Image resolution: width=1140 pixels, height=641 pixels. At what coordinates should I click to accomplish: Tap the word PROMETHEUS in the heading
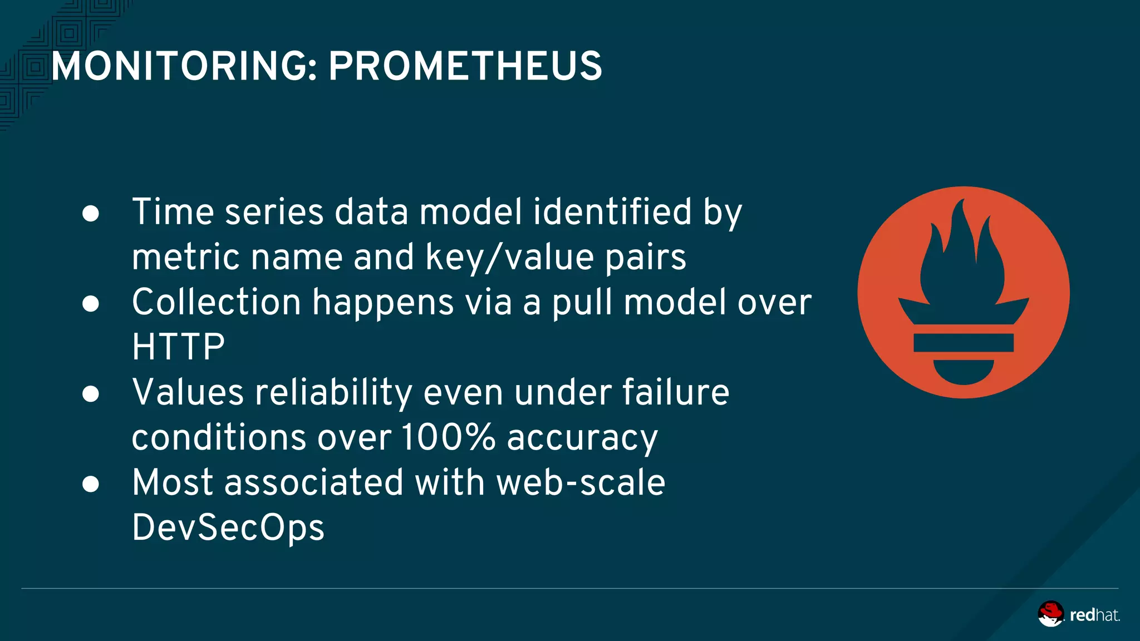pos(465,66)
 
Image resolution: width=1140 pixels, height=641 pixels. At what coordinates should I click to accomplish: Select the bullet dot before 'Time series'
pos(91,214)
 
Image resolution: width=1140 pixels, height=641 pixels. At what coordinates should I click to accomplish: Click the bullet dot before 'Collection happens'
pos(91,304)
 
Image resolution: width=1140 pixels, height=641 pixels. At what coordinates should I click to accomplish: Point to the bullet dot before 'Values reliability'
pos(91,394)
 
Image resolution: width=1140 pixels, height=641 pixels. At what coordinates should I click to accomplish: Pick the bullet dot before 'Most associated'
pos(91,484)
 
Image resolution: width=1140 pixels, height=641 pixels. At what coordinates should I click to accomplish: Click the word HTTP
pos(178,347)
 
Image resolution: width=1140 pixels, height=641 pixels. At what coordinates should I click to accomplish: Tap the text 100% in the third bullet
pos(448,437)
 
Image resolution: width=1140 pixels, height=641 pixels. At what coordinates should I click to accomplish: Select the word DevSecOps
pos(228,527)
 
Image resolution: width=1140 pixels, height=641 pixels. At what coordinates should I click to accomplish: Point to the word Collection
pos(217,303)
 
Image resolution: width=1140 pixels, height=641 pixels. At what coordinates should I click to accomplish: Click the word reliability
pos(333,393)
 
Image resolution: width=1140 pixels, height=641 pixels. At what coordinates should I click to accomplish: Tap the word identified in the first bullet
pos(612,212)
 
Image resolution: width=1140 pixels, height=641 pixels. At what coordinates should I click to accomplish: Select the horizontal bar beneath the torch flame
pos(963,343)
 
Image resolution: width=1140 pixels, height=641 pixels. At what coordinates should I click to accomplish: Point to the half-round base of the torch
pos(963,372)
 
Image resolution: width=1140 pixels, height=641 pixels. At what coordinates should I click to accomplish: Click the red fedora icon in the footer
pos(1050,614)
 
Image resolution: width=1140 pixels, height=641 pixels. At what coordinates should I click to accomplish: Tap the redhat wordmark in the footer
pos(1094,615)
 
